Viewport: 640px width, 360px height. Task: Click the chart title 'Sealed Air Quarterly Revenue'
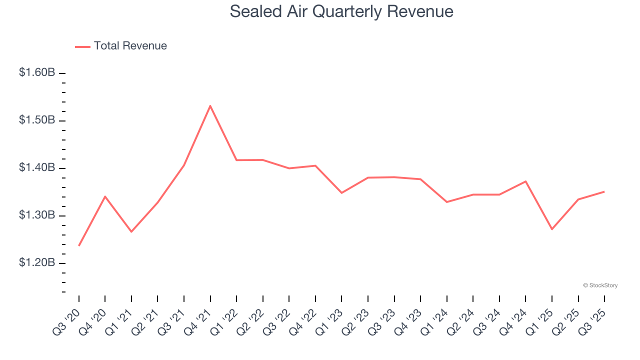(x=341, y=11)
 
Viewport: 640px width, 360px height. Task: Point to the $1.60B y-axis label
(x=37, y=73)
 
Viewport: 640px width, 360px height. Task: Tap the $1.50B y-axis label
(x=37, y=120)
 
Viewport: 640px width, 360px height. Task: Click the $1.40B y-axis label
(x=37, y=168)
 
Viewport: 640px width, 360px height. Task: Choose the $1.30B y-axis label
(x=37, y=215)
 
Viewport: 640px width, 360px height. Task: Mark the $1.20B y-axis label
(x=37, y=263)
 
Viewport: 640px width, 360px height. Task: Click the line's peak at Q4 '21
(x=210, y=105)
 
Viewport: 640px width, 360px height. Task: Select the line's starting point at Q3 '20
(x=79, y=245)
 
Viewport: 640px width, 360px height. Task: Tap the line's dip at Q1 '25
(x=552, y=229)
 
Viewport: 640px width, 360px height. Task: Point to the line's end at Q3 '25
(x=604, y=191)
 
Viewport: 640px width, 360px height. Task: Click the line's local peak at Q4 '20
(x=105, y=196)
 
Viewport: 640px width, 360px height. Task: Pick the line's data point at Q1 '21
(x=131, y=231)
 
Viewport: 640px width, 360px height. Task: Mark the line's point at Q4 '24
(x=525, y=181)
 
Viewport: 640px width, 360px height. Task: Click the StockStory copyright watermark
(x=600, y=285)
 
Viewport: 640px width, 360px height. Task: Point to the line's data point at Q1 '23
(x=341, y=192)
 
